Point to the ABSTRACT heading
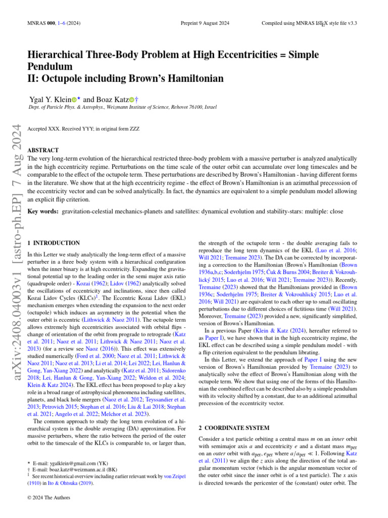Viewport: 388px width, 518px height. click(x=43, y=150)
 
